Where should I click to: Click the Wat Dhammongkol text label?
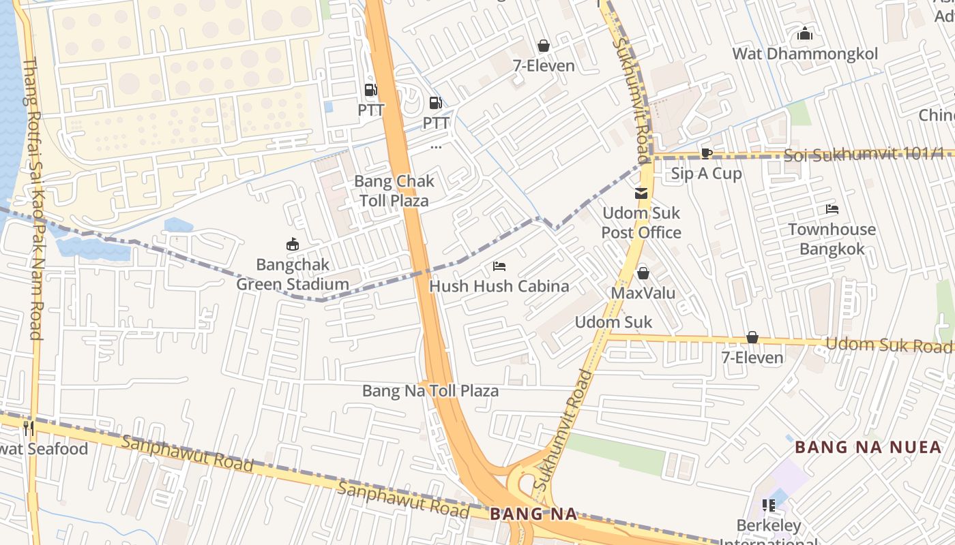point(805,54)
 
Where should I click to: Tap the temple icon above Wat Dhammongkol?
point(805,33)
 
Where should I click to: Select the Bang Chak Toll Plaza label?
point(394,191)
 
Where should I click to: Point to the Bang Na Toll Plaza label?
point(430,391)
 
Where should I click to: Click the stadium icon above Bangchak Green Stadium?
point(293,244)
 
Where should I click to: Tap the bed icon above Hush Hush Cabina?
point(499,266)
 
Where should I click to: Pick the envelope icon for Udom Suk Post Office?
point(641,193)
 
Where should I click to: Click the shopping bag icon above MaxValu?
point(643,273)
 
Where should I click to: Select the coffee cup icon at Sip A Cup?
point(707,153)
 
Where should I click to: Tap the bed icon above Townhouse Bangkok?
point(832,209)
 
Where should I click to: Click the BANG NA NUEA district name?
point(868,448)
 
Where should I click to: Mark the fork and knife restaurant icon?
point(28,428)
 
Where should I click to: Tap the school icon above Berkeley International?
point(769,505)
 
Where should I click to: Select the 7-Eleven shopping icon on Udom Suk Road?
point(752,337)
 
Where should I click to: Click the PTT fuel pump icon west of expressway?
point(370,89)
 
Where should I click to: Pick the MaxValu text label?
point(643,294)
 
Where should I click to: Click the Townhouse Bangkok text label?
point(832,239)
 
